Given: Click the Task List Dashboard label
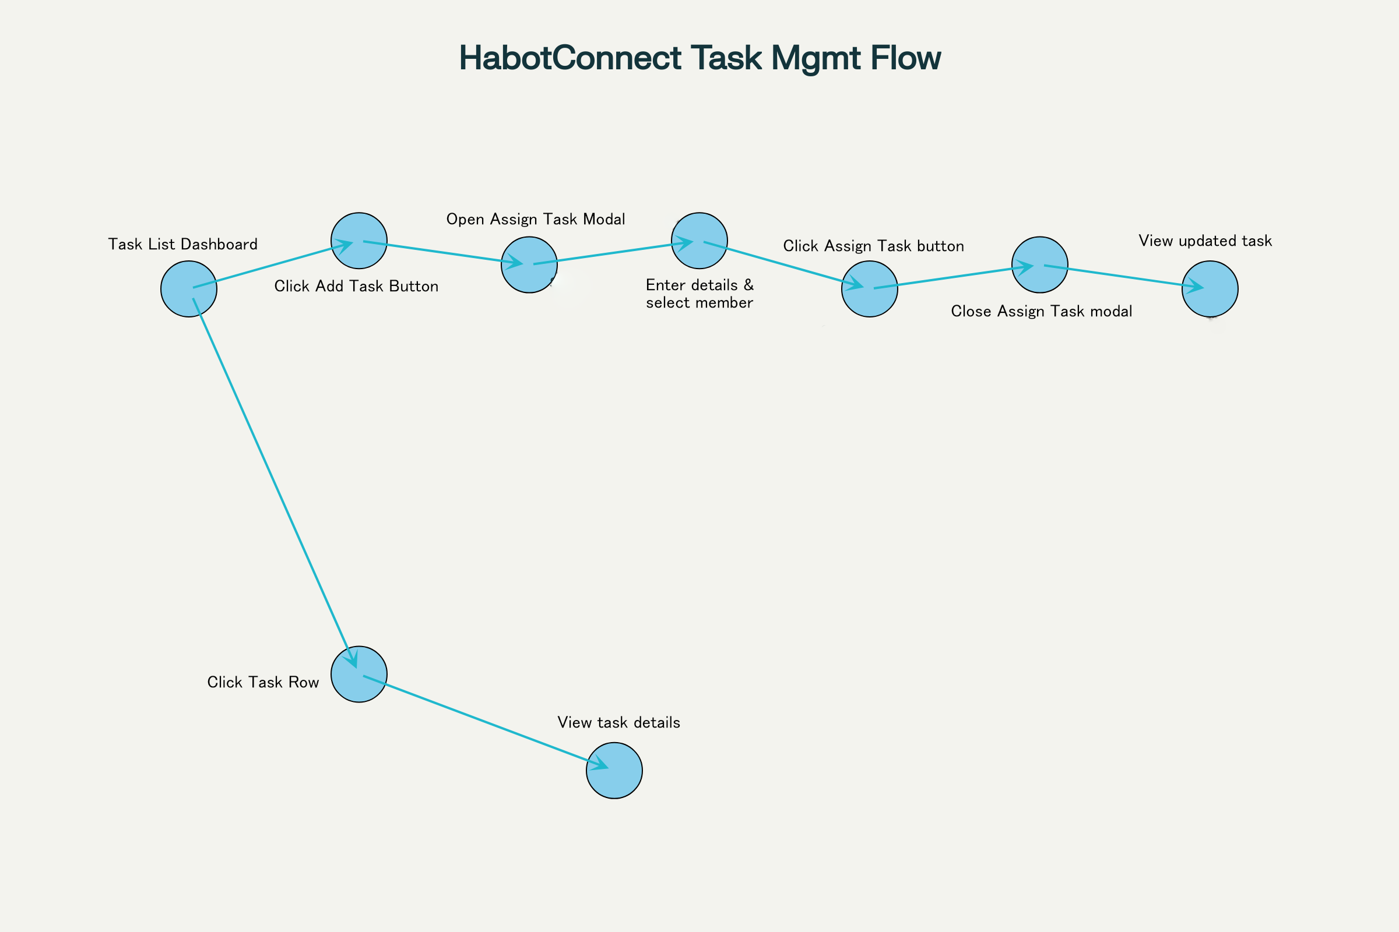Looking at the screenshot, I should tap(182, 244).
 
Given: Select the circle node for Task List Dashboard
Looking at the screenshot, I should tap(188, 289).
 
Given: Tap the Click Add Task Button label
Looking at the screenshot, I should tap(356, 287).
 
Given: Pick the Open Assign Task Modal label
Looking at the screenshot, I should tap(535, 220).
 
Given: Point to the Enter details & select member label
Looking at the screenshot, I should tap(699, 294).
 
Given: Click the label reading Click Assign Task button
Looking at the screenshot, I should tap(873, 246).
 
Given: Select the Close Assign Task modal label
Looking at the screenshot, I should tap(1042, 312).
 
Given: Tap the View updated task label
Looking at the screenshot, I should tap(1205, 241).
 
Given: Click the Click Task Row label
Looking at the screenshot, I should tap(263, 682).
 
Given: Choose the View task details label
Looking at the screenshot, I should tap(618, 723).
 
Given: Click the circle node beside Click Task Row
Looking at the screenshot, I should tap(358, 675).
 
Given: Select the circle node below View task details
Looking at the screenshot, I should tap(614, 771).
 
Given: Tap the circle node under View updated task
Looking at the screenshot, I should tap(1210, 289).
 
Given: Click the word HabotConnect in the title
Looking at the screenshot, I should tap(570, 58).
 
